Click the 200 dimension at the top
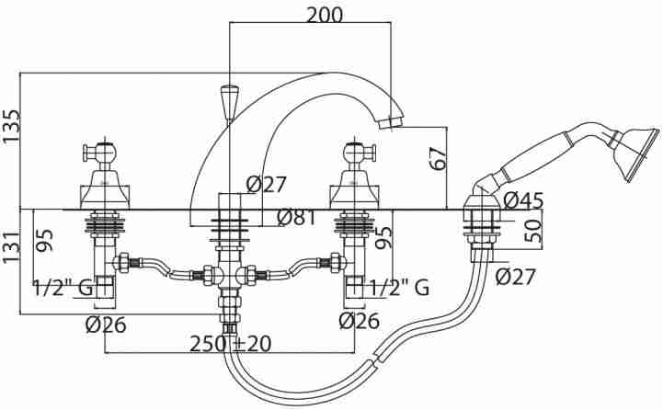click(325, 16)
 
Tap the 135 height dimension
click(10, 127)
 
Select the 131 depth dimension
click(10, 248)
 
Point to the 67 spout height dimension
click(438, 158)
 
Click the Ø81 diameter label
click(296, 217)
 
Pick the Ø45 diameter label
click(523, 201)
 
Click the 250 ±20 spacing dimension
click(231, 344)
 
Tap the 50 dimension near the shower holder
click(532, 232)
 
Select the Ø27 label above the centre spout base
click(267, 184)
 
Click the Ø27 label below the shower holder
click(516, 277)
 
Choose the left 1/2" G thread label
click(63, 289)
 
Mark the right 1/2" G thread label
click(400, 289)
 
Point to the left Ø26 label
click(106, 325)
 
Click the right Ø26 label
click(359, 321)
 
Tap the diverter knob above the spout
click(230, 102)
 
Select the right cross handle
click(354, 153)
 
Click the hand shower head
click(634, 153)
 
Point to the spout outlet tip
click(391, 122)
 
